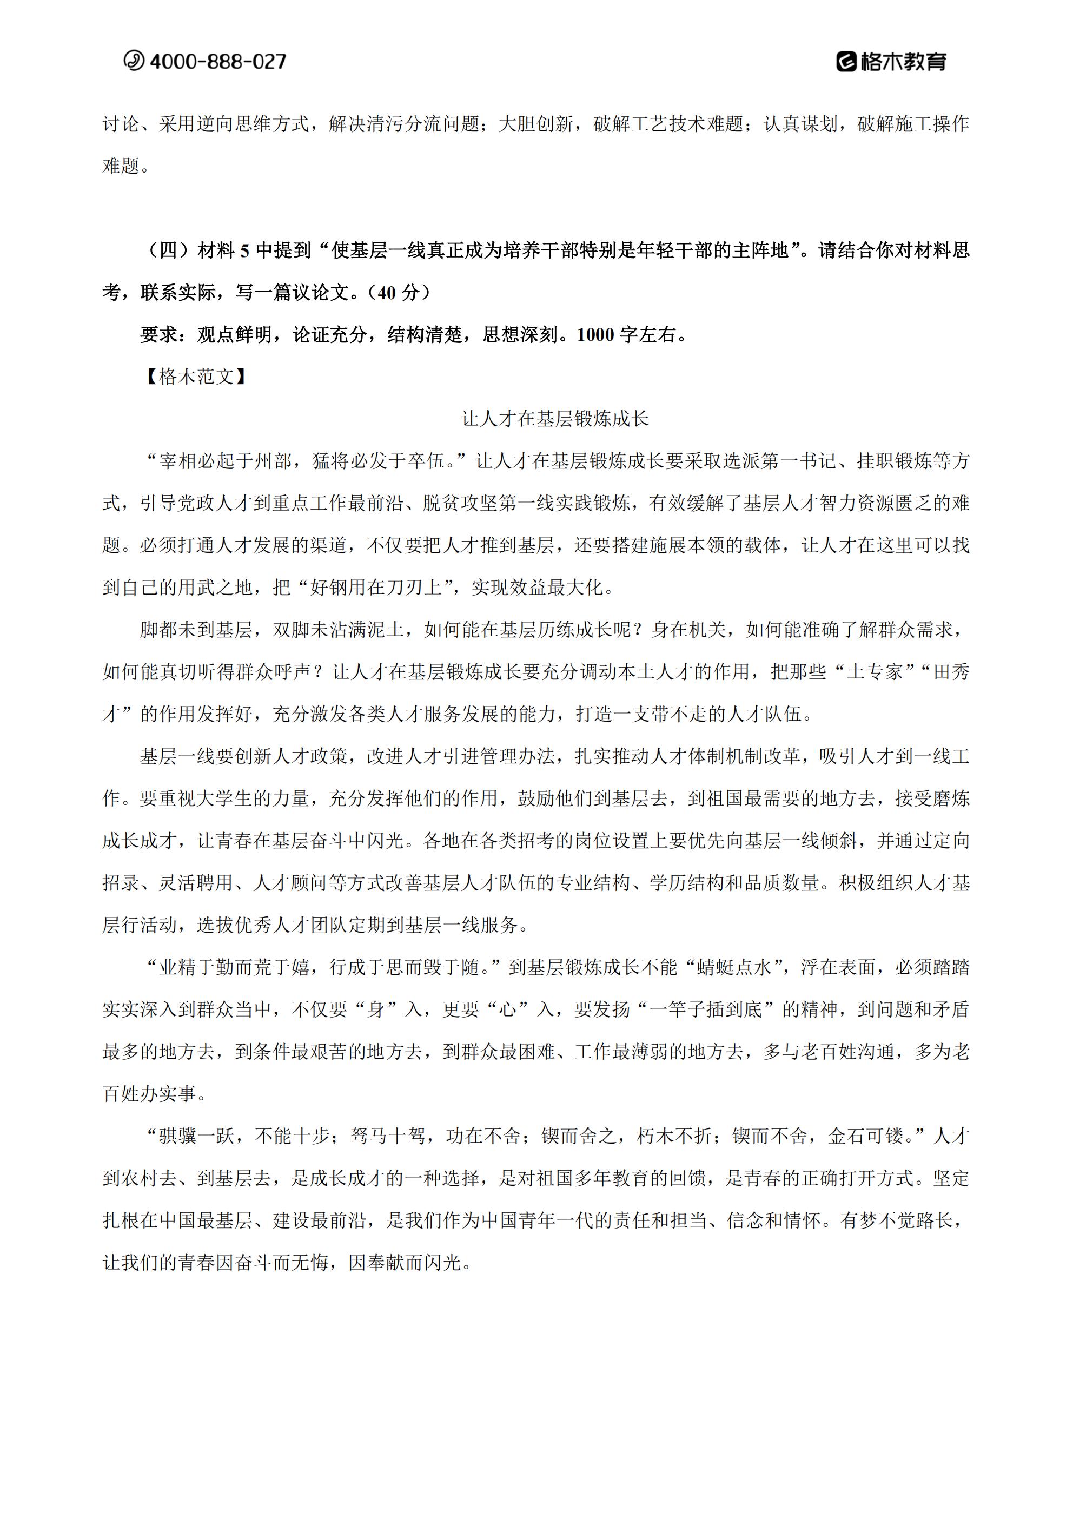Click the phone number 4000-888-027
218,62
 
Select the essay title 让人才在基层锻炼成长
555,419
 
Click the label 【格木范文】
196,376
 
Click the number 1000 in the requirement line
595,334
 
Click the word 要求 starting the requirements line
158,334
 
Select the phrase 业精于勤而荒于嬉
234,967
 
